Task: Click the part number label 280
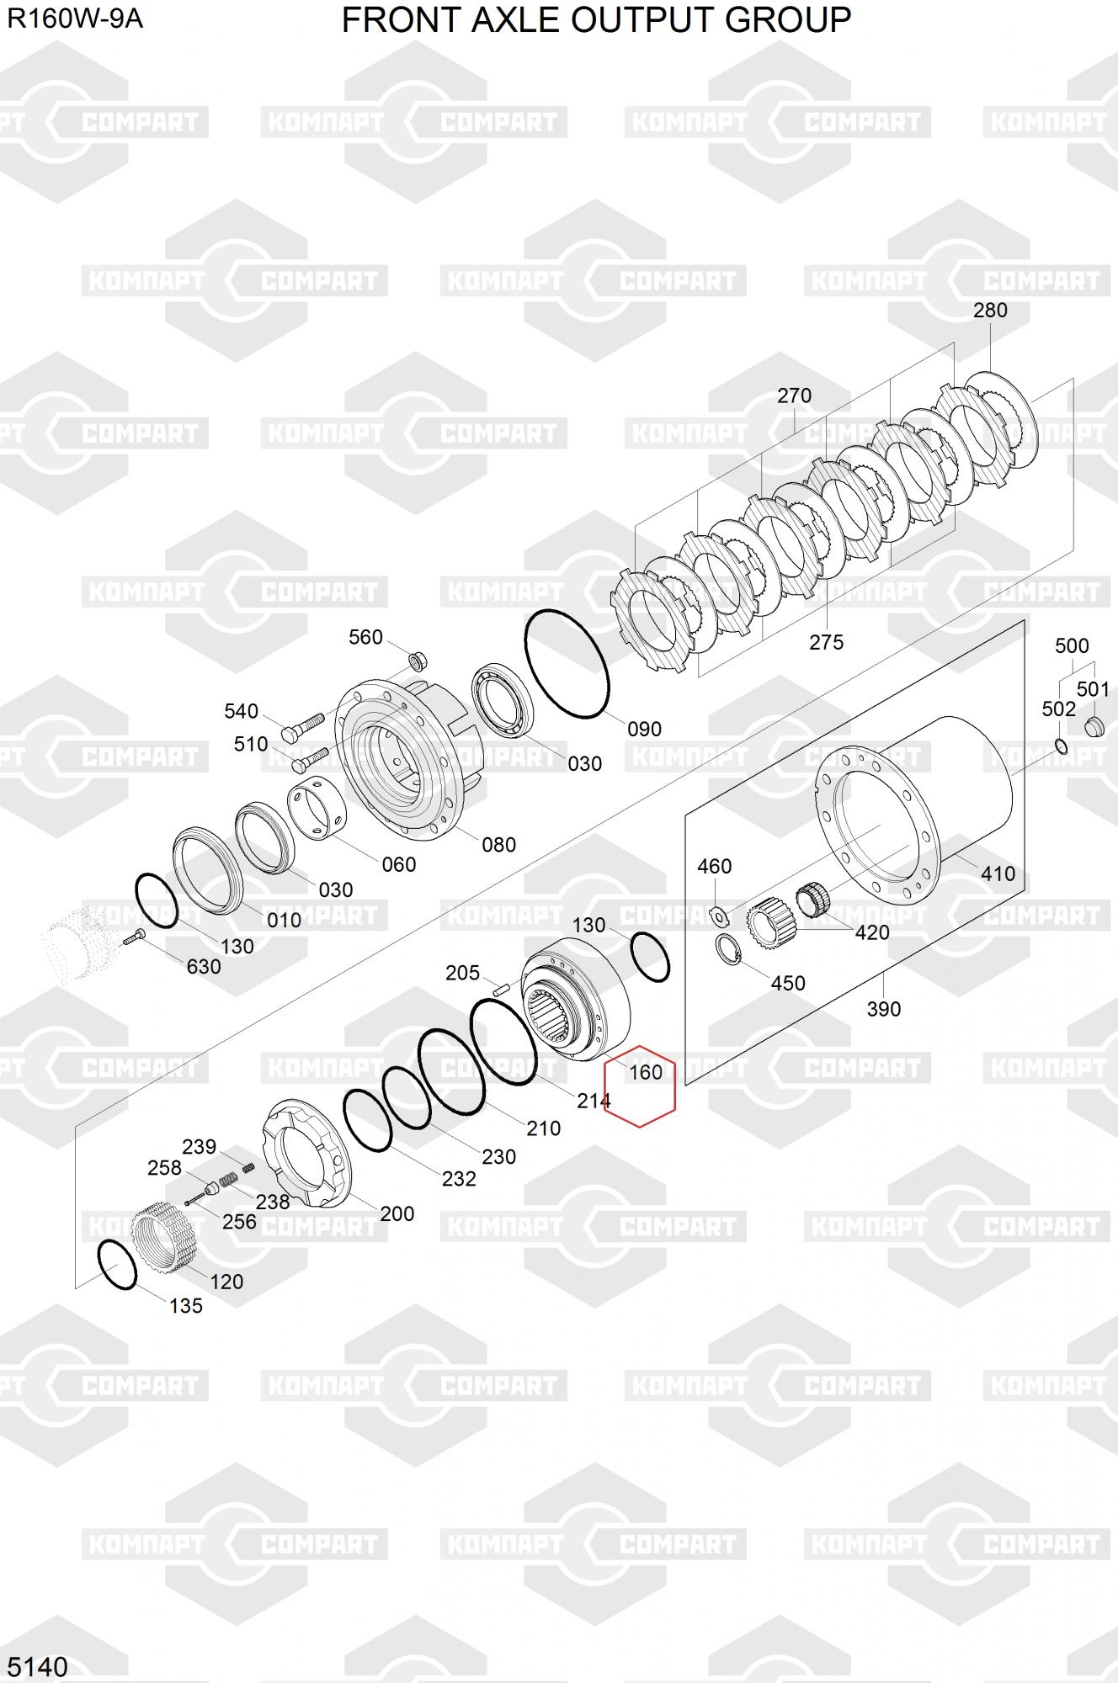click(x=990, y=311)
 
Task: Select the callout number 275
click(x=826, y=642)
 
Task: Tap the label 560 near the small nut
click(x=365, y=638)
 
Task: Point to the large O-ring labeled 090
click(x=567, y=665)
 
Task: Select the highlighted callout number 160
click(x=646, y=1072)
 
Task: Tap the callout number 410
click(x=998, y=873)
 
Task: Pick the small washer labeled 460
click(x=717, y=914)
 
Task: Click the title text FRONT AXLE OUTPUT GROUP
click(x=596, y=19)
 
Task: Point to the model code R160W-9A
click(x=75, y=19)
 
